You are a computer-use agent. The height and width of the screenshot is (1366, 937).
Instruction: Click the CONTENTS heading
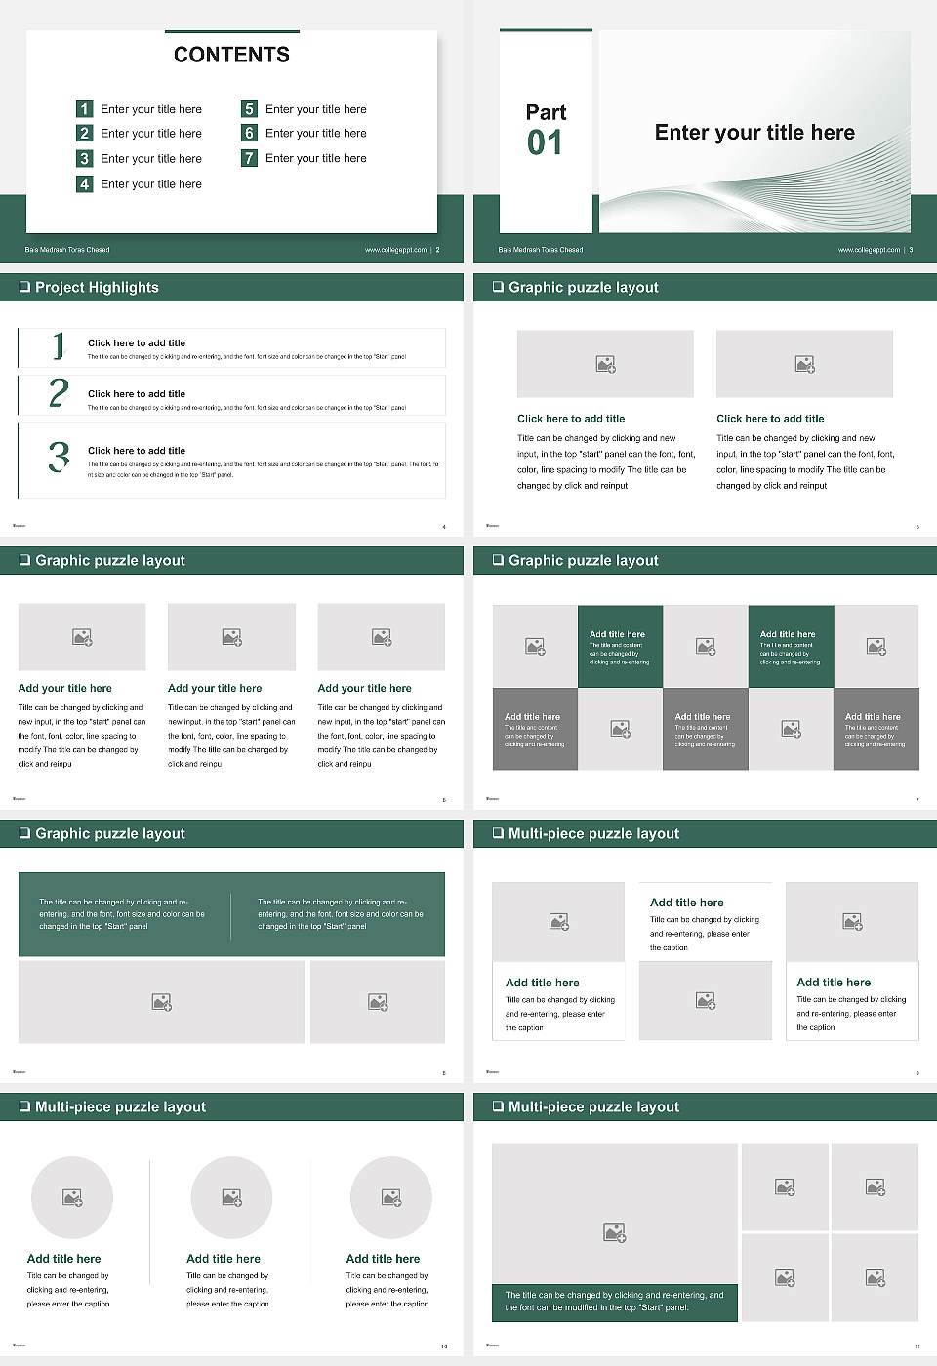[x=231, y=55]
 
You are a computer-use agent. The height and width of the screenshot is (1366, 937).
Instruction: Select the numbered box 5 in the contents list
[x=249, y=109]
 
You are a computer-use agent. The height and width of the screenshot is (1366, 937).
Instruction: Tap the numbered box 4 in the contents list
[x=84, y=183]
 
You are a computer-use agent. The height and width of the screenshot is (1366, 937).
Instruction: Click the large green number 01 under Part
[x=545, y=143]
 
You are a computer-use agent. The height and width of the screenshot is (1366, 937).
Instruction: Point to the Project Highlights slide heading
[x=97, y=287]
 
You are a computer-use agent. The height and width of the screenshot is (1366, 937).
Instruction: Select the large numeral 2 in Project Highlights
[x=59, y=393]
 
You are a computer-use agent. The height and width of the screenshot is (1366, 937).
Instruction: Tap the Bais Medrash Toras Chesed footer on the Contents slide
[x=67, y=250]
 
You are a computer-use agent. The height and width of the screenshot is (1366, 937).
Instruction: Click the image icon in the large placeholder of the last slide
[x=614, y=1233]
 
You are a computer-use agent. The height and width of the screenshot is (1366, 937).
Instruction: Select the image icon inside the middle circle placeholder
[x=231, y=1197]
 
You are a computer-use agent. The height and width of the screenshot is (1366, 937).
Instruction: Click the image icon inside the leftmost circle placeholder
[x=72, y=1197]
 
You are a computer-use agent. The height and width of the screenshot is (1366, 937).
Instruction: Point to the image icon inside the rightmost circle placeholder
[x=391, y=1197]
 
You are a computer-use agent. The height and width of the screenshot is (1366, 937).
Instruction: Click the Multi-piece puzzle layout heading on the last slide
[x=593, y=1106]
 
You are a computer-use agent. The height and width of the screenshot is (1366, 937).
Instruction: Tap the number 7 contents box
[x=249, y=158]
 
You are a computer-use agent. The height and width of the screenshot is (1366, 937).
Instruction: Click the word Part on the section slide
[x=546, y=112]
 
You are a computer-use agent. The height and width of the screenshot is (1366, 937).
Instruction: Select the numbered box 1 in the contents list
[x=84, y=109]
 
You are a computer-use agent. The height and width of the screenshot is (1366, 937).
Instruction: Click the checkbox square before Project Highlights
[x=24, y=287]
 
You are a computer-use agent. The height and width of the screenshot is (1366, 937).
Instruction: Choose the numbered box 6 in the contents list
[x=249, y=133]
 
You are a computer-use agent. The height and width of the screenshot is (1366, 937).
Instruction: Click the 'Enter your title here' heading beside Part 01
[x=754, y=133]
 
